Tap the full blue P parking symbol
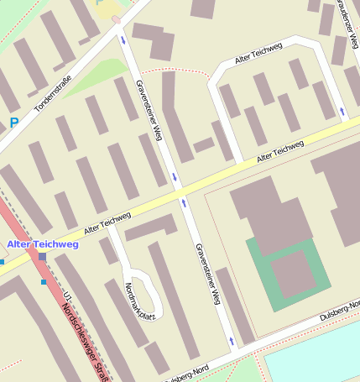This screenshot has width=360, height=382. point(13,123)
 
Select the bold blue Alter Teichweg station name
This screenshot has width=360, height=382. point(42,243)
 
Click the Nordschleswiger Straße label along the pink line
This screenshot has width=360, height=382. point(87,341)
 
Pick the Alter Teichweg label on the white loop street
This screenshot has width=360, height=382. point(258,56)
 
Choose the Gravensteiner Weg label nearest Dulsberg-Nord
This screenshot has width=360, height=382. point(207,273)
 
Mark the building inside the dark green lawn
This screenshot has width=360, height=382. point(290,273)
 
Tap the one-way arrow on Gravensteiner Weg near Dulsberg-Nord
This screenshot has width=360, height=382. point(231,340)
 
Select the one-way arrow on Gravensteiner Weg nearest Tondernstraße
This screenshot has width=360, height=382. point(124,39)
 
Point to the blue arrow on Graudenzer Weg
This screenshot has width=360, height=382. point(342,111)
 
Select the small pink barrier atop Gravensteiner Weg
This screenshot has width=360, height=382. point(116,18)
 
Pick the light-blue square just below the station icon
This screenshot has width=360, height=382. point(44,282)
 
